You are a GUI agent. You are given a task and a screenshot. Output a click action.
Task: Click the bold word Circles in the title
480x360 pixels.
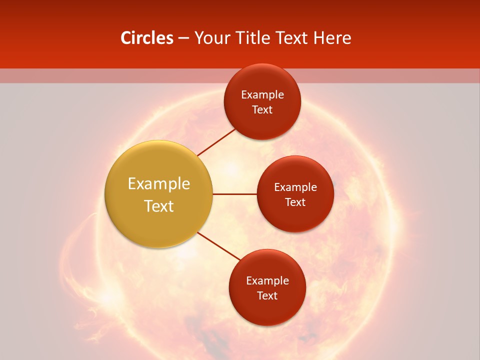tap(146, 38)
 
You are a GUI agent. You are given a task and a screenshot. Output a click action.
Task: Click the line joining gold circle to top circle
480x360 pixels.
tap(216, 142)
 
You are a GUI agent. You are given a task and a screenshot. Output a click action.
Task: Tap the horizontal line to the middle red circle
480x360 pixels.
tap(234, 194)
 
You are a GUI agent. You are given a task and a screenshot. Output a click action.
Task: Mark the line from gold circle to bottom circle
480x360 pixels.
tap(219, 245)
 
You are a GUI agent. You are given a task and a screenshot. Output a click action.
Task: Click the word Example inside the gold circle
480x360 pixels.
tap(159, 184)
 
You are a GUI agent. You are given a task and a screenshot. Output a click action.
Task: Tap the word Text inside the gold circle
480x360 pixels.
tap(159, 206)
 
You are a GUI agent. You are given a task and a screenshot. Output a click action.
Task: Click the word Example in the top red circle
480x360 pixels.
tap(262, 95)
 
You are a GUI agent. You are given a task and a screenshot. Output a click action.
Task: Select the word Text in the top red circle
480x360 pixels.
tap(262, 110)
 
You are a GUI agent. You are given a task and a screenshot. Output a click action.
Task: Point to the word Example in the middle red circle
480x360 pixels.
tap(295, 187)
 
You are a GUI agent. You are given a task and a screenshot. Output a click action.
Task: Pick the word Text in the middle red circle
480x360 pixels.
tap(295, 202)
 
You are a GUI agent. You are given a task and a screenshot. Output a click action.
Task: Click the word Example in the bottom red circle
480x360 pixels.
tap(267, 281)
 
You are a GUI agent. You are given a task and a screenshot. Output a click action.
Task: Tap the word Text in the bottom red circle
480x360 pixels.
tap(267, 296)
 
